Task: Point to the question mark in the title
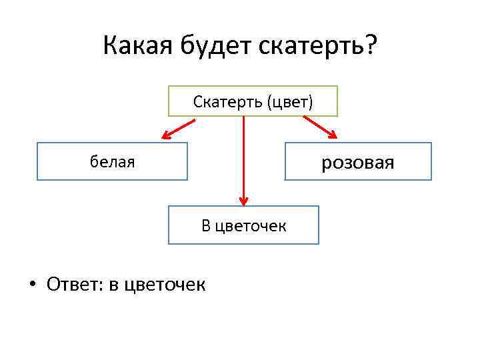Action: pos(369,47)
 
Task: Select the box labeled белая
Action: pos(112,161)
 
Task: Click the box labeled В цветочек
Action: pos(243,225)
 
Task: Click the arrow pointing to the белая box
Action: pos(178,129)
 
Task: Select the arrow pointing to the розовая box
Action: pos(321,128)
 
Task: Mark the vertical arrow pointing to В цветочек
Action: pos(244,160)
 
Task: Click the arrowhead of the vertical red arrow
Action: pos(244,199)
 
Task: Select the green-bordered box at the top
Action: pos(253,101)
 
